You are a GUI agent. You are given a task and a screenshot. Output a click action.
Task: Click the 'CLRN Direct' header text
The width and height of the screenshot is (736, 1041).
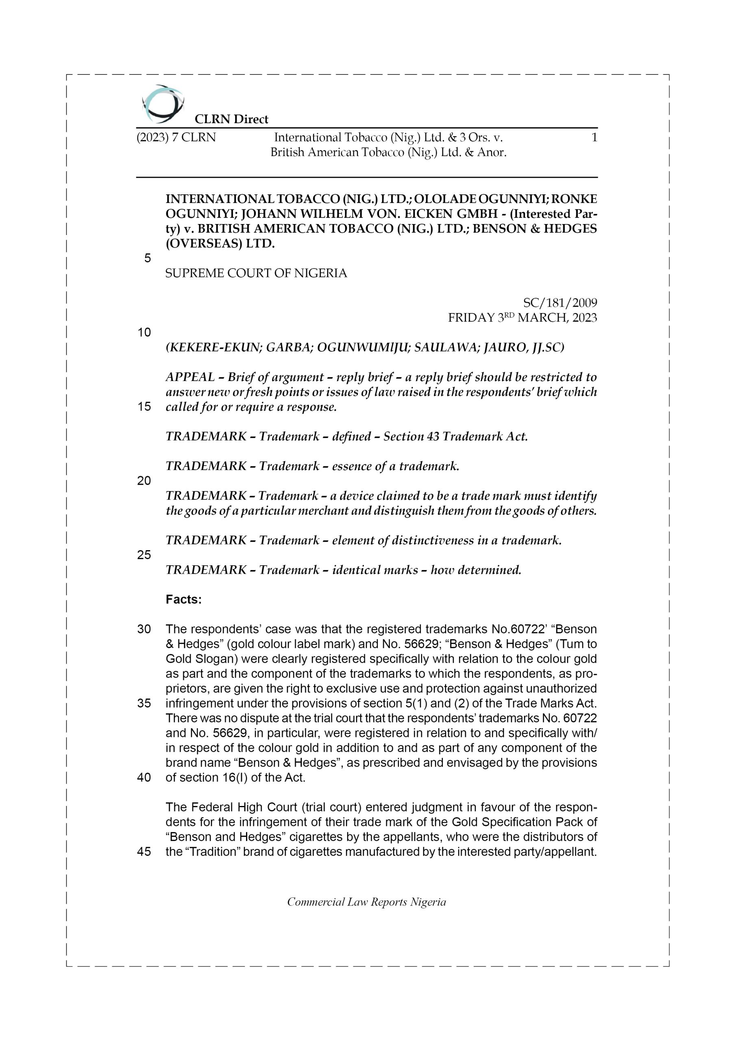(231, 119)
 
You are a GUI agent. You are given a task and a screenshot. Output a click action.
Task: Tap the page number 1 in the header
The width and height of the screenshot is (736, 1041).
(594, 137)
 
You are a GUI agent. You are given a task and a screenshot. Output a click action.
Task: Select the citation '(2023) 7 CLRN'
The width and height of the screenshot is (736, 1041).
(176, 137)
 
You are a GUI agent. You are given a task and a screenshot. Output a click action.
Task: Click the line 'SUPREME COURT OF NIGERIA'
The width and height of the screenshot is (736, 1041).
(256, 273)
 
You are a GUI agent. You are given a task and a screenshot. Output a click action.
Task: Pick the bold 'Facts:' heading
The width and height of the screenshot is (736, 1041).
(183, 599)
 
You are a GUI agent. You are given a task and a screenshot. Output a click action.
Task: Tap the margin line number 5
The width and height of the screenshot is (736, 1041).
(147, 259)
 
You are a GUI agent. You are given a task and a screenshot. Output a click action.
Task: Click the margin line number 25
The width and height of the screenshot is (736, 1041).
(144, 555)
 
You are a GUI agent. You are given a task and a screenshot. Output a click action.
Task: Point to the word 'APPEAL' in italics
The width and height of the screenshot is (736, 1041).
(190, 377)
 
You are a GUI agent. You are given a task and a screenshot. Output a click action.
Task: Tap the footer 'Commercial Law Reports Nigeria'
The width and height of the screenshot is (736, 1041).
(366, 902)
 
